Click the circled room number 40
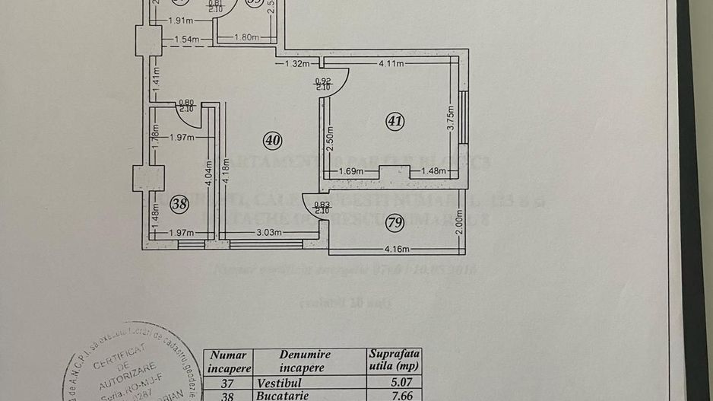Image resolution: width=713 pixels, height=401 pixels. coord(272,139)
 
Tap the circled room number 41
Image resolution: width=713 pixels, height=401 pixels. coord(395,120)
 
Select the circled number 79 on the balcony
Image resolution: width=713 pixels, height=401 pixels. coord(394,222)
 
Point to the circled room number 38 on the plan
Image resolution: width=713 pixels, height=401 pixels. coord(179,203)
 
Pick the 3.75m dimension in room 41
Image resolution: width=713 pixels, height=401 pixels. coord(450,118)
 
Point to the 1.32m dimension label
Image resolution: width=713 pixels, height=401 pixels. coord(297,63)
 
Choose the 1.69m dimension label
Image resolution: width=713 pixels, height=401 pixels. coord(350,171)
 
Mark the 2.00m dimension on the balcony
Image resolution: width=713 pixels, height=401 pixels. coord(459,221)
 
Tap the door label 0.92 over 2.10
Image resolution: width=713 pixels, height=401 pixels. coord(322,84)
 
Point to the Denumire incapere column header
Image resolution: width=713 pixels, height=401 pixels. coord(308,361)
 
